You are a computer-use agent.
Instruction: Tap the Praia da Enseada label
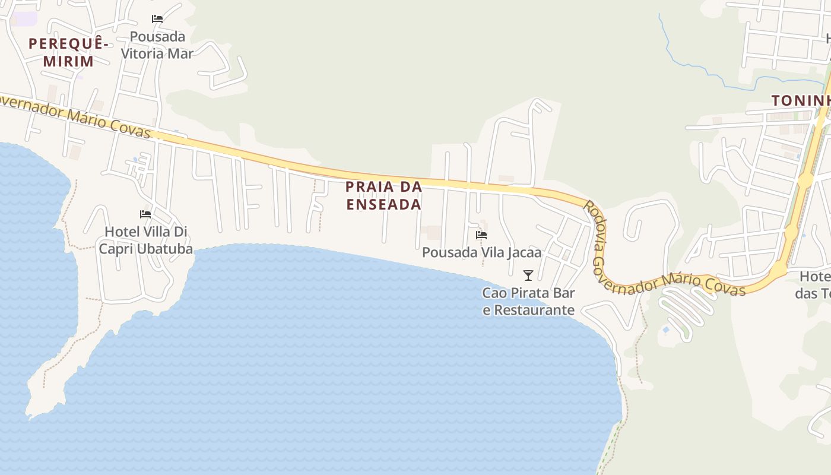383,195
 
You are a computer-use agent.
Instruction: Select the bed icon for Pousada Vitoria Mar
157,19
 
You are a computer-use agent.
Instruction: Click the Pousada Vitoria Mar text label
157,45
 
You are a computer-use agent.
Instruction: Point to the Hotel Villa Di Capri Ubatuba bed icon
145,214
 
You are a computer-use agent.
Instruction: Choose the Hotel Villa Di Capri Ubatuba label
146,240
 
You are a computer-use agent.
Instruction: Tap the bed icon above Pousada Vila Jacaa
481,235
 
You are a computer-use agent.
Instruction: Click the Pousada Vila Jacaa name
481,252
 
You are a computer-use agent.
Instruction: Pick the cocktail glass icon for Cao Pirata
528,275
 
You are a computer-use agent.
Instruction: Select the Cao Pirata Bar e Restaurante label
528,301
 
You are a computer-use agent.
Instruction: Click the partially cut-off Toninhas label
801,101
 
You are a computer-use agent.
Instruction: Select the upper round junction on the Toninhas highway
805,180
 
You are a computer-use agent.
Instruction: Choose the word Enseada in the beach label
383,204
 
